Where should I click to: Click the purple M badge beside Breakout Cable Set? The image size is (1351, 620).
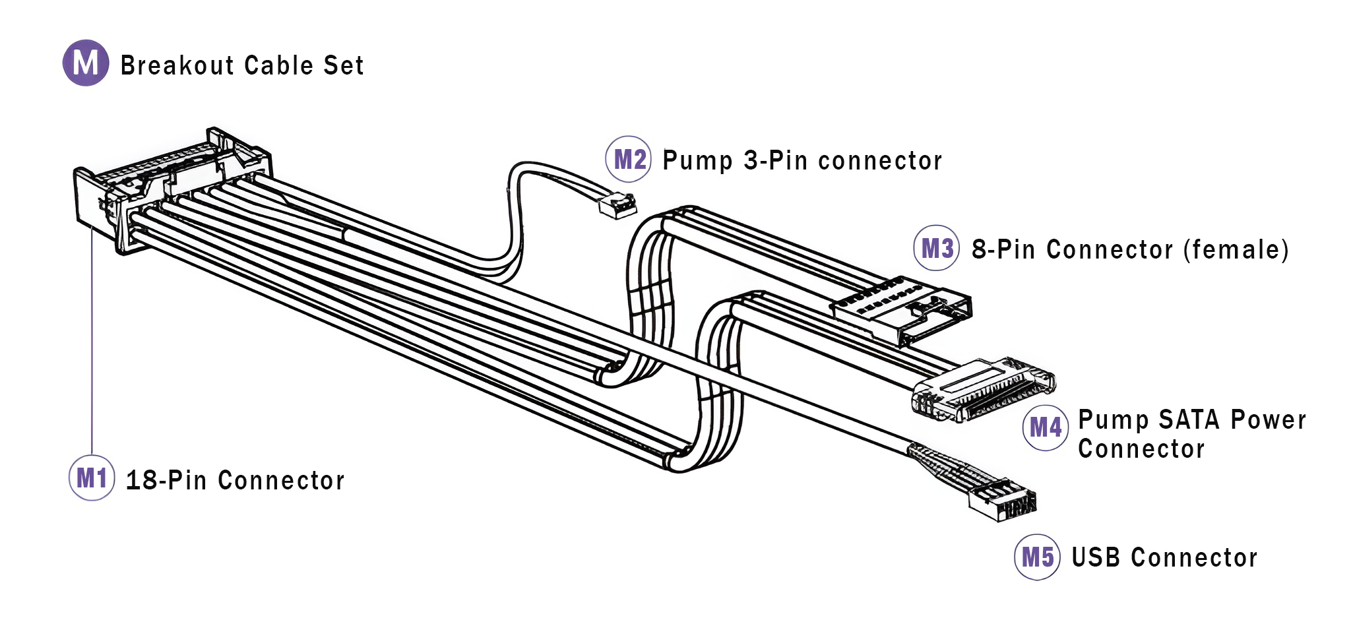(86, 63)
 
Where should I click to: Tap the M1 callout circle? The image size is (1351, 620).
(92, 478)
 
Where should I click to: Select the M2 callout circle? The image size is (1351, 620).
(629, 160)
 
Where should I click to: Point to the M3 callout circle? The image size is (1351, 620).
(937, 249)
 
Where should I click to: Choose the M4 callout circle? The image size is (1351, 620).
(1045, 428)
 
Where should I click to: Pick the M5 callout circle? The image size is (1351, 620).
(1037, 557)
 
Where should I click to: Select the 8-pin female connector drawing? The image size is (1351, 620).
(900, 309)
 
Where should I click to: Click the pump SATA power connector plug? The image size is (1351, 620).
(983, 390)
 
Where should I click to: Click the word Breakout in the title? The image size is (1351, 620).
(177, 65)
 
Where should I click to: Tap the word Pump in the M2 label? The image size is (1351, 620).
(697, 161)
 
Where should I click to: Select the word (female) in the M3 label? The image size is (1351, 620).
(1236, 250)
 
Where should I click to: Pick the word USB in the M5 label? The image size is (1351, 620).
(1096, 558)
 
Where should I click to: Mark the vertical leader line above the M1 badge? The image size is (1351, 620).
(92, 343)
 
